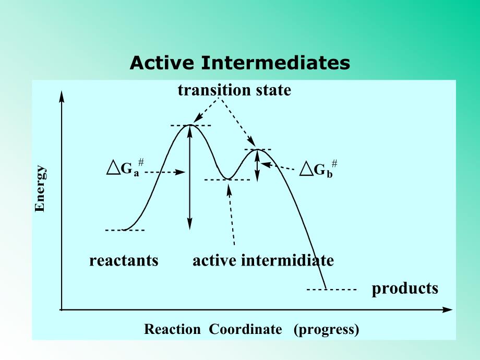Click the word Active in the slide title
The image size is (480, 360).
tap(162, 63)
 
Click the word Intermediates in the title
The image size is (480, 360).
tap(275, 63)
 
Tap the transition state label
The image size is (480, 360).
tap(234, 90)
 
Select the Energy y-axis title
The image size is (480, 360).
tap(40, 188)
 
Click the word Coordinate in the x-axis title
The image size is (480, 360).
tap(245, 329)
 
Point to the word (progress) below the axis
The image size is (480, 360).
tap(326, 330)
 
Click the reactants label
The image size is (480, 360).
tap(124, 261)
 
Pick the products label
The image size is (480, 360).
tap(405, 289)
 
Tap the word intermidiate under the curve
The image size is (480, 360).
tap(287, 260)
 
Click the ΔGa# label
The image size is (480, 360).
tap(125, 168)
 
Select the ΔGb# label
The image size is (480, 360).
tap(318, 169)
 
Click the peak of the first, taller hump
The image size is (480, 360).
tap(190, 125)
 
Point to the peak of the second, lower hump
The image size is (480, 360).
tap(257, 149)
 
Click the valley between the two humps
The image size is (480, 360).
tap(227, 179)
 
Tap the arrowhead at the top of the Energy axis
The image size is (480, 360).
tap(62, 97)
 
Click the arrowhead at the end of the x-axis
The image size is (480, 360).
tap(448, 310)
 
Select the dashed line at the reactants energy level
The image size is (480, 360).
tap(125, 230)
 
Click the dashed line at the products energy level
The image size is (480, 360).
tap(331, 289)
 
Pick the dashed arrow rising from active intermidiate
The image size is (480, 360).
tap(232, 214)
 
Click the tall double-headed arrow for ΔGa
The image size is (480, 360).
tap(190, 177)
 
